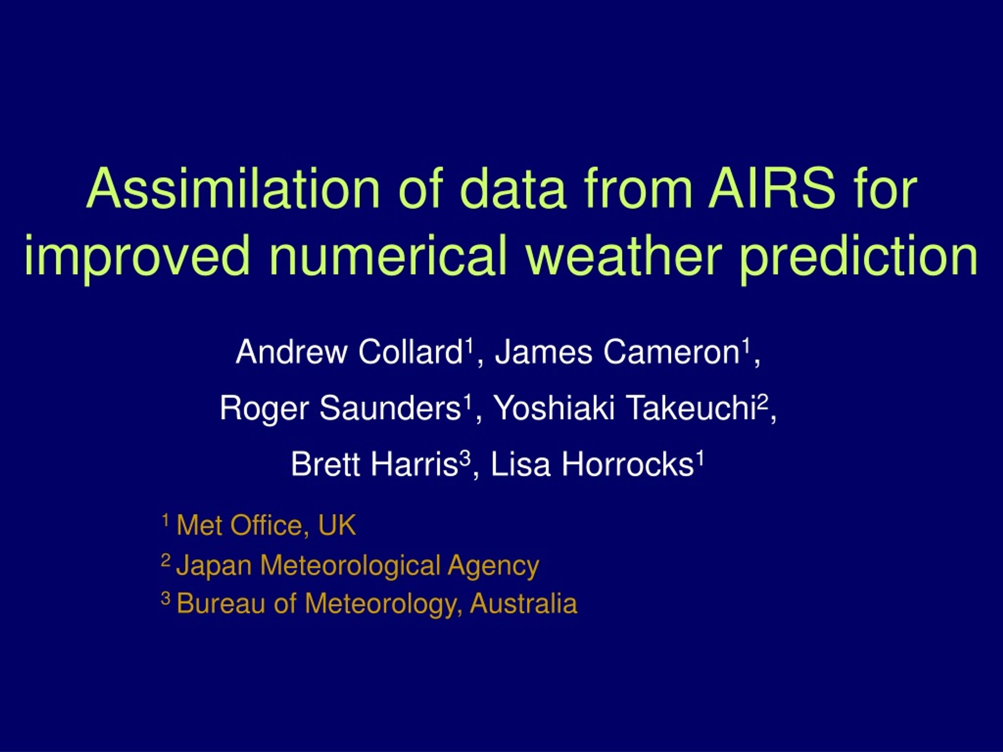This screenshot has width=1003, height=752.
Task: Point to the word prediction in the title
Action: [x=858, y=257]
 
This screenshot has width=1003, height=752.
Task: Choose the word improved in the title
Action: [x=137, y=257]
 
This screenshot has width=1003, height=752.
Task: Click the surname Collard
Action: [x=410, y=352]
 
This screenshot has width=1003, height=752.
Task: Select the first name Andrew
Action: [x=291, y=352]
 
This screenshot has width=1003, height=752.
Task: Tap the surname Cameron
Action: [x=672, y=352]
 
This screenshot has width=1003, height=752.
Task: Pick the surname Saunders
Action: [x=390, y=408]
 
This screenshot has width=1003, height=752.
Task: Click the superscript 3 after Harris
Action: [x=465, y=458]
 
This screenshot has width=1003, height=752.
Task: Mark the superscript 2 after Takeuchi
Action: [x=763, y=401]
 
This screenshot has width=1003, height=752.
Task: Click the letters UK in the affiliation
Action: [x=337, y=525]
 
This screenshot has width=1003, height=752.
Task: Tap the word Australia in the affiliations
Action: [x=524, y=604]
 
